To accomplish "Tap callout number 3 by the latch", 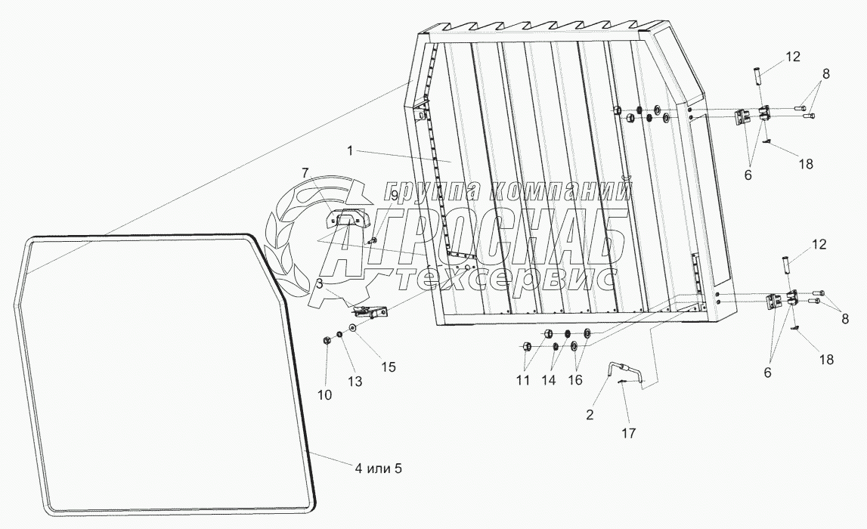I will (x=320, y=283).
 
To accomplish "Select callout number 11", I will (x=524, y=381).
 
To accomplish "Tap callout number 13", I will (x=353, y=382).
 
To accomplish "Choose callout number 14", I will (x=549, y=381).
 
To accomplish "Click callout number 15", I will (x=388, y=367).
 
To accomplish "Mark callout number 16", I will (x=576, y=381).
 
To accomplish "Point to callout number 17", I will (x=629, y=433).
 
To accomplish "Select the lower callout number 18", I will (x=827, y=360).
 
